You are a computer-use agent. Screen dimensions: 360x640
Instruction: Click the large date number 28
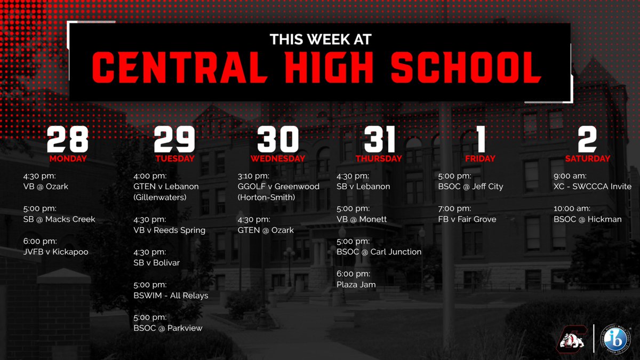(67, 139)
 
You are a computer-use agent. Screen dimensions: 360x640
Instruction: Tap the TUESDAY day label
(175, 158)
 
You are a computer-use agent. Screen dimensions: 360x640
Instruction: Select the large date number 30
(278, 139)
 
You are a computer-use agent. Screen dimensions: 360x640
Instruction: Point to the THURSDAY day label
(379, 158)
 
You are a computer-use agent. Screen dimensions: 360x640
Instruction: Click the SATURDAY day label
(587, 158)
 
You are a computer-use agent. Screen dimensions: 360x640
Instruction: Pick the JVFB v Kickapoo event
(52, 252)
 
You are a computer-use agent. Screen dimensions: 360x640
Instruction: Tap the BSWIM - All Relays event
(171, 295)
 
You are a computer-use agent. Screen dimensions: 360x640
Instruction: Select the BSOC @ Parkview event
(168, 328)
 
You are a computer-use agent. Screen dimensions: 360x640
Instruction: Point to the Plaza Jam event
(356, 285)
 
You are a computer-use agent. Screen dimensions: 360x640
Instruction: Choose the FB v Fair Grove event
(467, 219)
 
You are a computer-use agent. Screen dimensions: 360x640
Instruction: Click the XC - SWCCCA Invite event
(592, 187)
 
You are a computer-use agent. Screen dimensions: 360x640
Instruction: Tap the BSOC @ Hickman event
(587, 219)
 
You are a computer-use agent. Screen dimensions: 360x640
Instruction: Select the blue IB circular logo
(615, 338)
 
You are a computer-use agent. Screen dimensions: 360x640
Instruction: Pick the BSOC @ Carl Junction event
(379, 252)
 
